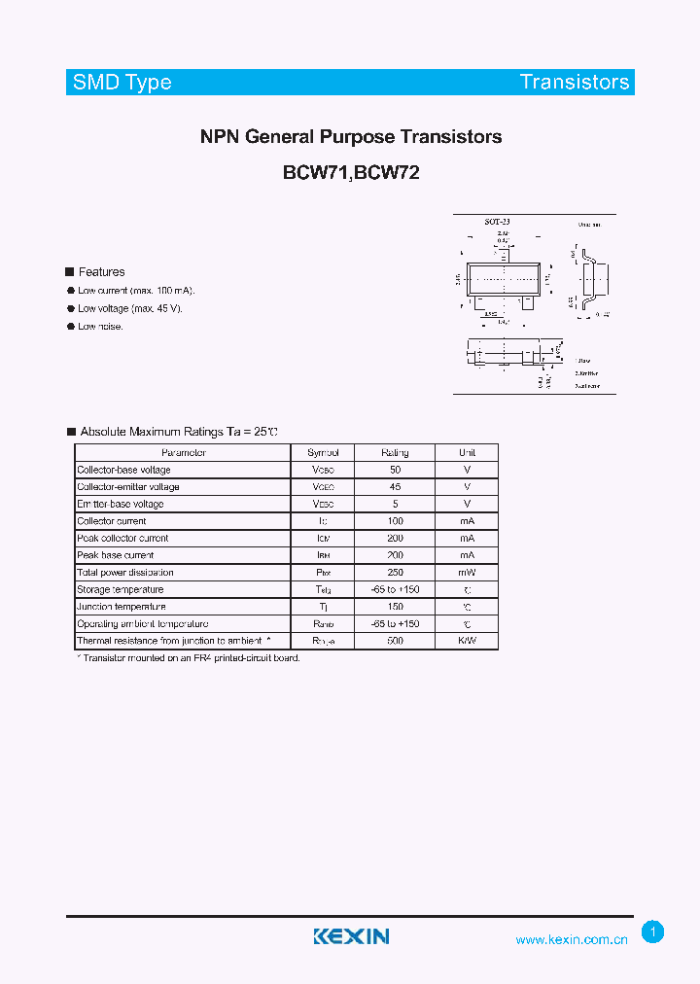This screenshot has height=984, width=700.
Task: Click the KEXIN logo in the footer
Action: [351, 936]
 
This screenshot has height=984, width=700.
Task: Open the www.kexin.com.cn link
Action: [571, 939]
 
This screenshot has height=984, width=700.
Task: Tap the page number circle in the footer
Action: [653, 932]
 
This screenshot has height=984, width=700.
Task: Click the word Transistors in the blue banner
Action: [574, 82]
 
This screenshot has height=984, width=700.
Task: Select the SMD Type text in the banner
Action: [122, 82]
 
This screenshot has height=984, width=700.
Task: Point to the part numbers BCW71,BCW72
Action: [351, 173]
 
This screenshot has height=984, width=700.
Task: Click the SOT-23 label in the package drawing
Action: [498, 222]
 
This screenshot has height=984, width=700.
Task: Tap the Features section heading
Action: [101, 272]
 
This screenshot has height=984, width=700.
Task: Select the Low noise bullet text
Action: [100, 327]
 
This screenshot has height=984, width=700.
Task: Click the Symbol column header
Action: [323, 453]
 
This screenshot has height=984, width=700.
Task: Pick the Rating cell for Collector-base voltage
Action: [395, 470]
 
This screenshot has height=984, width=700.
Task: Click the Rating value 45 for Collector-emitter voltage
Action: [395, 487]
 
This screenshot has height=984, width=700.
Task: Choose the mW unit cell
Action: [468, 573]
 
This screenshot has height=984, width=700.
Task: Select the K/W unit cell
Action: [468, 641]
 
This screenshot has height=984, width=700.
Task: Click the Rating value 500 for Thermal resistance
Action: [395, 641]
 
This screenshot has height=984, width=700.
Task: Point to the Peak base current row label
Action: [115, 555]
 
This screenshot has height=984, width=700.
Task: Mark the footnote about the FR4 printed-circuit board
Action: [188, 658]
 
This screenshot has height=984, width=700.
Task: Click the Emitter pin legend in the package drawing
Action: [586, 372]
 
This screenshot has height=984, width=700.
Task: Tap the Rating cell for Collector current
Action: [395, 521]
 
